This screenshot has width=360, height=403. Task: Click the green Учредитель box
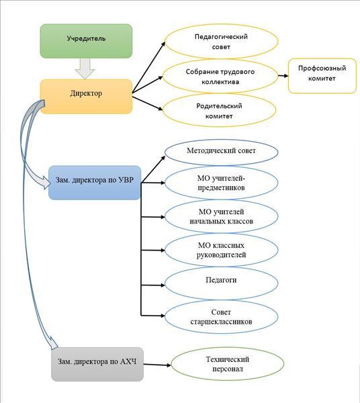[x=86, y=41]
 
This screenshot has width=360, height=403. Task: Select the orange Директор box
[x=86, y=96]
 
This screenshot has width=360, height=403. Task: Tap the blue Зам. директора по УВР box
[x=95, y=183]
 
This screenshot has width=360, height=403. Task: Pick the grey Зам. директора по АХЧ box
[x=97, y=364]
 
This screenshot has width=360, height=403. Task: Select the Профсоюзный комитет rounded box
[x=322, y=76]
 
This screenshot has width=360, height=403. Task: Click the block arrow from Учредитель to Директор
[x=85, y=69]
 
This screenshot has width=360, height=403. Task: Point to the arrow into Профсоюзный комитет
[x=283, y=76]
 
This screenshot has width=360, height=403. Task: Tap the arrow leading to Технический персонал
[x=157, y=365]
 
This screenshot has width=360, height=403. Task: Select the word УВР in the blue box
[x=126, y=180]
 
